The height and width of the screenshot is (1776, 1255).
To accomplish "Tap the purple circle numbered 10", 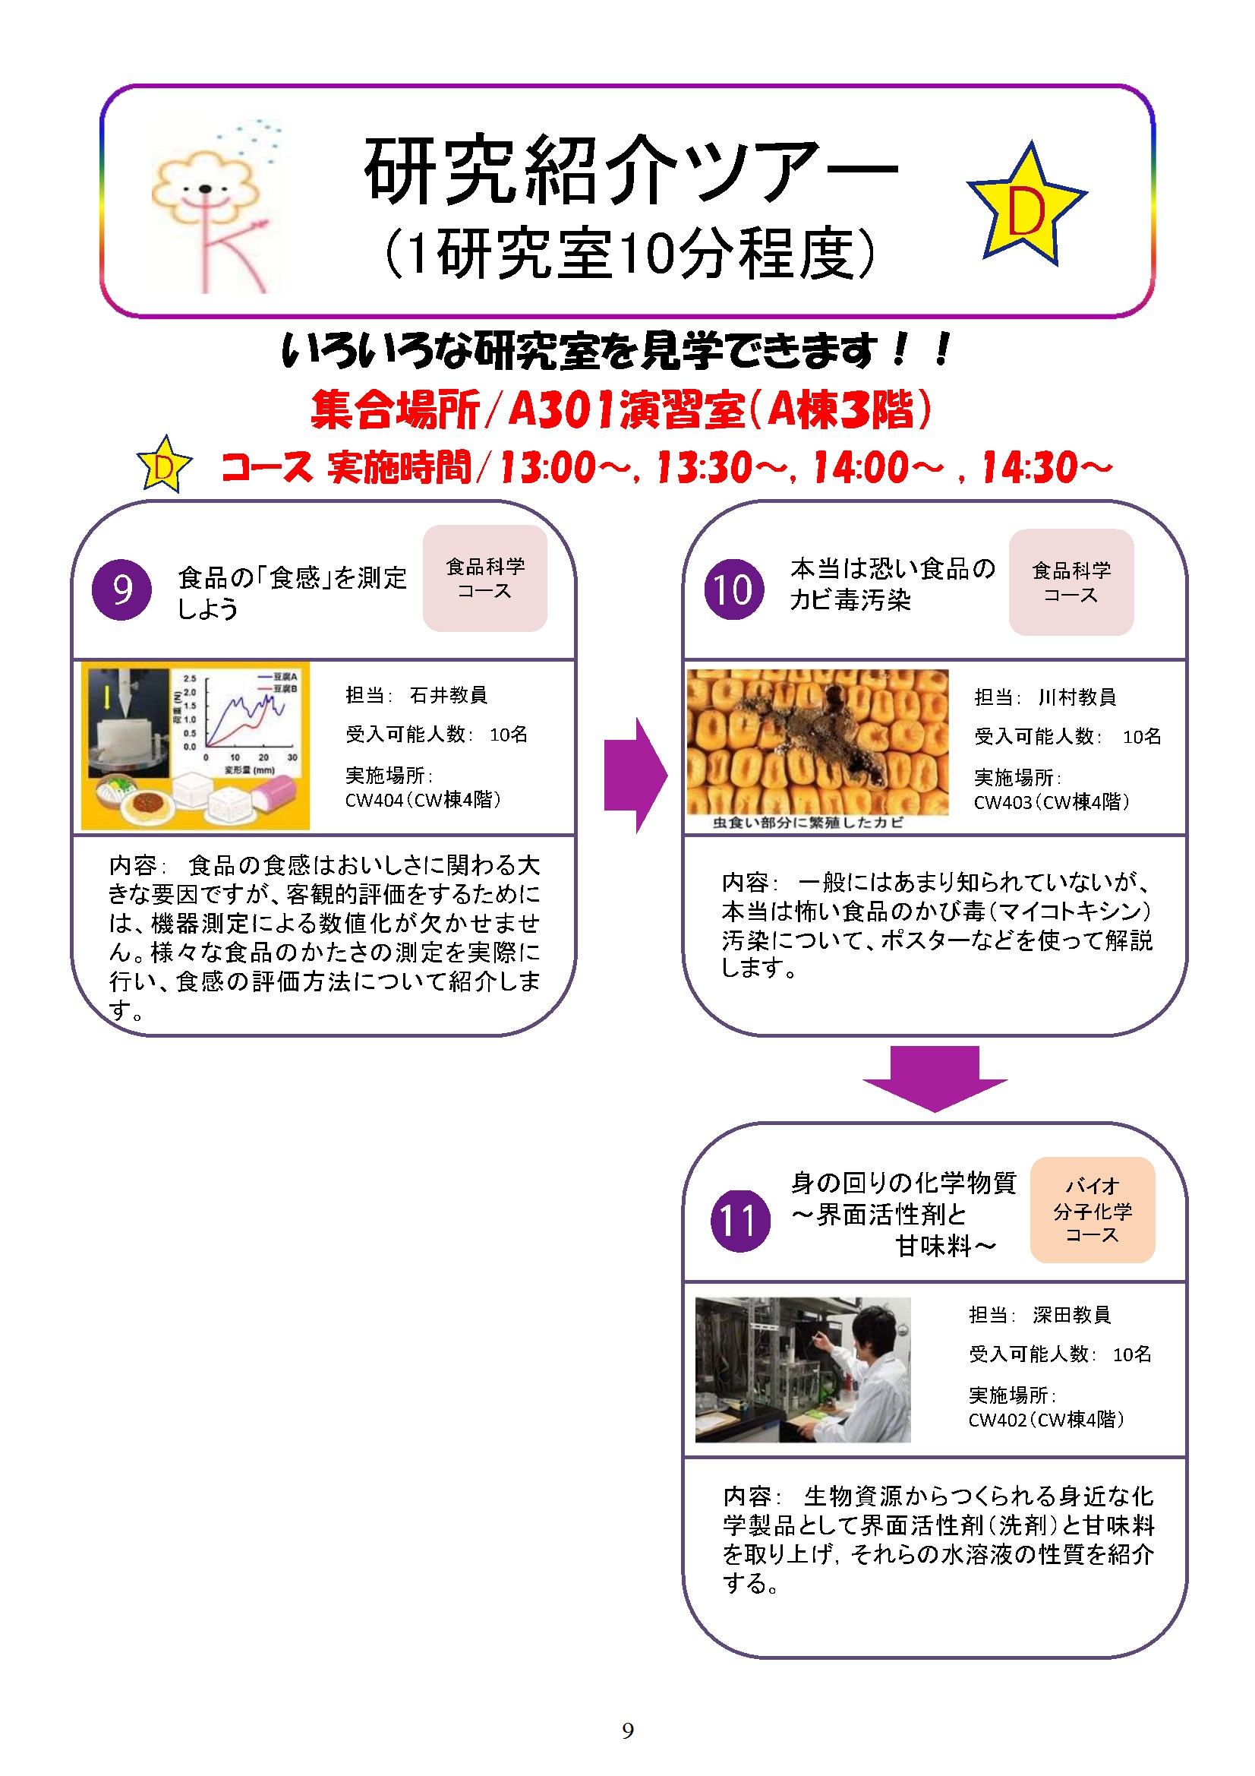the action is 734,589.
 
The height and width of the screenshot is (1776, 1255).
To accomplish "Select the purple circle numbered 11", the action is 740,1221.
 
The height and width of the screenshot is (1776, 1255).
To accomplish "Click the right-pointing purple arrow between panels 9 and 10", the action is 635,775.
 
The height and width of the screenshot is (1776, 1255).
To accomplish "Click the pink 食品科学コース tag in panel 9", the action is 485,579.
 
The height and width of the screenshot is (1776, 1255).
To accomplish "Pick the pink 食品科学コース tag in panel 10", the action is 1071,583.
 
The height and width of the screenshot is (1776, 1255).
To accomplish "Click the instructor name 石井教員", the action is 449,695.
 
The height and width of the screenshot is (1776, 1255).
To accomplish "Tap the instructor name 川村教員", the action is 1077,697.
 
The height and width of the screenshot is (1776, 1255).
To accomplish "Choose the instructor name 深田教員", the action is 1072,1315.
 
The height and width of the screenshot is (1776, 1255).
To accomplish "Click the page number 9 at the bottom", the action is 628,1730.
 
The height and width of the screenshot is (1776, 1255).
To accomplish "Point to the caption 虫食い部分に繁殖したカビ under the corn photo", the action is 807,823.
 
